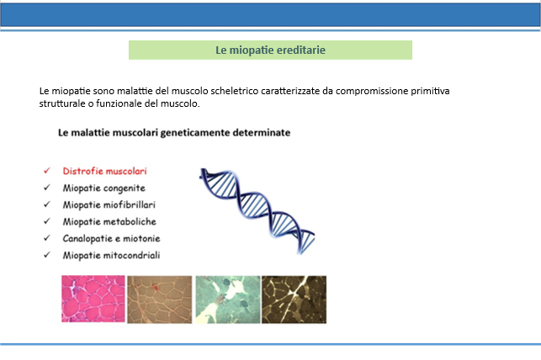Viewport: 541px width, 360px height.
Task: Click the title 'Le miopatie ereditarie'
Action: [271, 50]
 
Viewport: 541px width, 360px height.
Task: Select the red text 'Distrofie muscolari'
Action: [104, 171]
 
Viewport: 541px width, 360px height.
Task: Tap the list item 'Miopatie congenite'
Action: [103, 188]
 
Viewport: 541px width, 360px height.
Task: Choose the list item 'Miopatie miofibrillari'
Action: [109, 205]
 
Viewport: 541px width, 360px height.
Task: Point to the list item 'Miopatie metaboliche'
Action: [109, 222]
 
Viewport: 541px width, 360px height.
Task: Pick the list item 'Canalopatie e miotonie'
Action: [111, 238]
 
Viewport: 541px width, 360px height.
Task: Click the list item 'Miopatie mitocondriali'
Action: [111, 255]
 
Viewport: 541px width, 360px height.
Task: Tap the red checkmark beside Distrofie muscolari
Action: [47, 171]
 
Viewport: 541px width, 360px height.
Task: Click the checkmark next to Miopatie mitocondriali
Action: [47, 255]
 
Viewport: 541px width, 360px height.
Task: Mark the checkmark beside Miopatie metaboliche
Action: [47, 221]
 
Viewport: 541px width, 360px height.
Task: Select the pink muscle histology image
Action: [93, 299]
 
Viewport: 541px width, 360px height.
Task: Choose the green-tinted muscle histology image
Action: [228, 299]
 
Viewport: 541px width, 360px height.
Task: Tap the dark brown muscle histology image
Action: [294, 299]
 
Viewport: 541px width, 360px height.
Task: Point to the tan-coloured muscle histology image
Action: [159, 299]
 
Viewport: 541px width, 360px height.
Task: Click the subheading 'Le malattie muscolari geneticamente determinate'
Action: [174, 133]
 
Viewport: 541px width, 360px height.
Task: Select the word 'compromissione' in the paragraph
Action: [372, 92]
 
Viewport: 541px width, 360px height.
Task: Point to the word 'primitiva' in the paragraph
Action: [430, 92]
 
